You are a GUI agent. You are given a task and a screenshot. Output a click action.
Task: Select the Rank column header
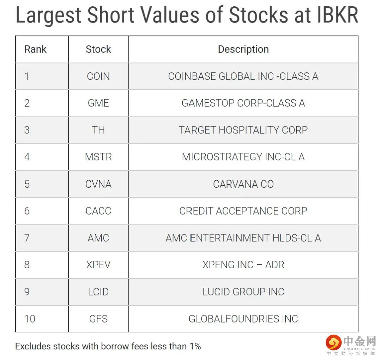35,49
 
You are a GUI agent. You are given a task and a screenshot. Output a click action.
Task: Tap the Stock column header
98,49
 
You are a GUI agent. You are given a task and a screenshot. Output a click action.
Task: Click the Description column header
243,49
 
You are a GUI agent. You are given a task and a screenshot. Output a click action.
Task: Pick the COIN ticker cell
98,76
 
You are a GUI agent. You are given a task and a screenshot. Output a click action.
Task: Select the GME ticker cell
98,103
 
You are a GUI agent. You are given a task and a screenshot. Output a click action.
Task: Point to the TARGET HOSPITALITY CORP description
243,130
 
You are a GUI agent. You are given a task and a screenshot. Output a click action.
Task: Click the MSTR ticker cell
98,157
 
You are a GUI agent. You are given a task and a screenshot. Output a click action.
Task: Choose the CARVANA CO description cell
243,184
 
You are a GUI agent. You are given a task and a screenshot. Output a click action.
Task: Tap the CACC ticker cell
98,211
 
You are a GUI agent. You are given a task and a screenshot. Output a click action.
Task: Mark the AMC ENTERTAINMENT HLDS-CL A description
243,238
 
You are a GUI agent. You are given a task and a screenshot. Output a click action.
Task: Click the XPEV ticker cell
98,264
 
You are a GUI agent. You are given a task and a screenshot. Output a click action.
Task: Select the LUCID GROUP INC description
243,292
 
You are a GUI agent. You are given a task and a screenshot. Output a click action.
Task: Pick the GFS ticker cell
98,319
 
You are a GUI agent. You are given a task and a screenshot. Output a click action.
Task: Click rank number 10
30,319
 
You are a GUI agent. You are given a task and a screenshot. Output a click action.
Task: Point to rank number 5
27,184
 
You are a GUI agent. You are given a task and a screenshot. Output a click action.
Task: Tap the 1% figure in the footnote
195,346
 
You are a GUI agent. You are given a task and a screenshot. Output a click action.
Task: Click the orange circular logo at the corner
334,342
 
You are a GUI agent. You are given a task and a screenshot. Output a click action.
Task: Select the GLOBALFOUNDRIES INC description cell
243,319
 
